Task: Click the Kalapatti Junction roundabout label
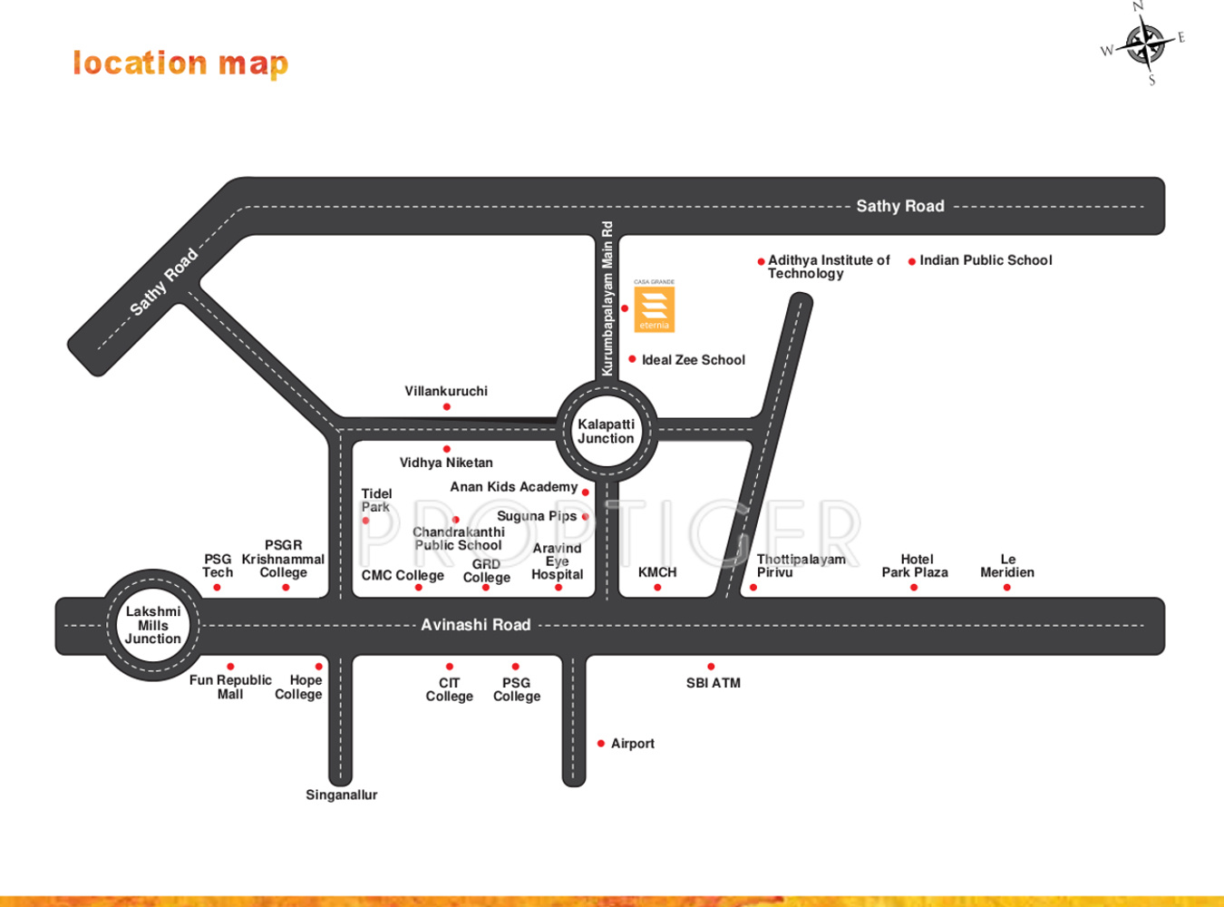606,431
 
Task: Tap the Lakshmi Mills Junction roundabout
153,625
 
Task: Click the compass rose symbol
1145,44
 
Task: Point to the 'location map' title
180,63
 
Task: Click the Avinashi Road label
475,625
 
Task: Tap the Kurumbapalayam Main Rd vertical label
607,298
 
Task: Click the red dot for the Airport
601,744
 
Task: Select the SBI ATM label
714,683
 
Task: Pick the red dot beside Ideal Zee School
632,359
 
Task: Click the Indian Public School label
986,260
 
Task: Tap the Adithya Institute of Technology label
828,267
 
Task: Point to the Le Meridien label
1007,566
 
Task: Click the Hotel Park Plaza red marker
914,588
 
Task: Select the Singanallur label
341,795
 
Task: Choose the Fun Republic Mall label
230,687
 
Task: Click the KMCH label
657,572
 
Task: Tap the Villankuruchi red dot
446,407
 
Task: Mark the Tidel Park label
376,501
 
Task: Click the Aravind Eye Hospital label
557,561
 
